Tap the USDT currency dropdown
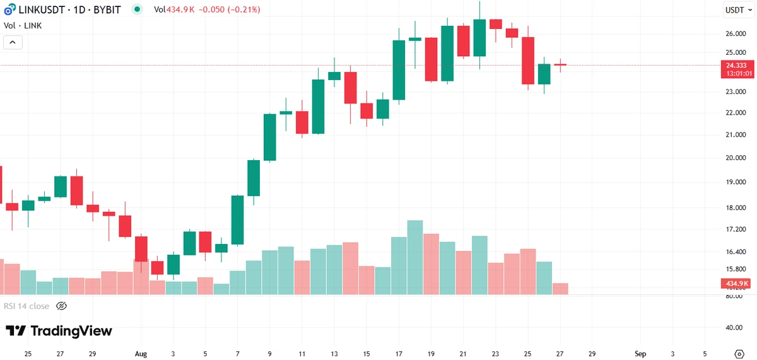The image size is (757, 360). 737,9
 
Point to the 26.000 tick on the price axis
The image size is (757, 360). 736,33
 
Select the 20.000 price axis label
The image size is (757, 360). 736,158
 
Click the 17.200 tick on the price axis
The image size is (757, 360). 736,229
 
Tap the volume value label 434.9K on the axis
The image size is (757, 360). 737,284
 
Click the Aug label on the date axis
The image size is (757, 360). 141,353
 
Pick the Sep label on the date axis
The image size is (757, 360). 640,353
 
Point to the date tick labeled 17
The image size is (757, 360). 399,353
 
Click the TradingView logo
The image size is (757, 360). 59,331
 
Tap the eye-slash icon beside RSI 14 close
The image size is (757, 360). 61,306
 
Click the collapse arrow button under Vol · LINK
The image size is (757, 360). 13,42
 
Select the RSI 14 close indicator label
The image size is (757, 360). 26,306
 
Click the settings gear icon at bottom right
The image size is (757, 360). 739,353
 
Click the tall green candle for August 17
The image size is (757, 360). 399,70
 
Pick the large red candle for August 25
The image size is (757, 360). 528,61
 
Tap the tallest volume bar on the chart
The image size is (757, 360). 414,257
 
